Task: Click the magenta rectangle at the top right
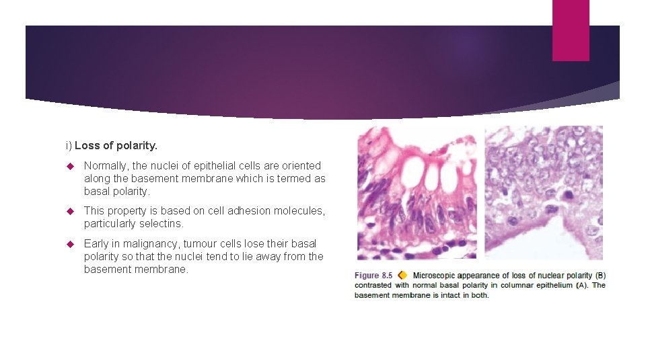pyautogui.click(x=570, y=30)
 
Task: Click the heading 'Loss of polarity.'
pyautogui.click(x=116, y=145)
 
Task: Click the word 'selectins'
pyautogui.click(x=161, y=223)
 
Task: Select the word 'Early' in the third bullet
pyautogui.click(x=97, y=243)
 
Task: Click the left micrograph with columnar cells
pyautogui.click(x=417, y=193)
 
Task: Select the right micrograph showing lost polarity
pyautogui.click(x=544, y=193)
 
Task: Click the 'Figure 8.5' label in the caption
pyautogui.click(x=373, y=276)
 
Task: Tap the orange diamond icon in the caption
pyautogui.click(x=402, y=275)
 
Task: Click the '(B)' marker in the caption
pyautogui.click(x=600, y=276)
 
